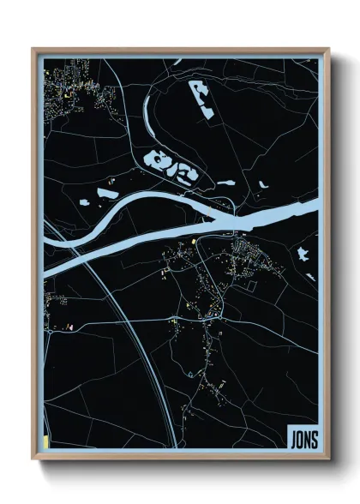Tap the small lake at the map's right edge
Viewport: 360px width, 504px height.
[302, 253]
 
